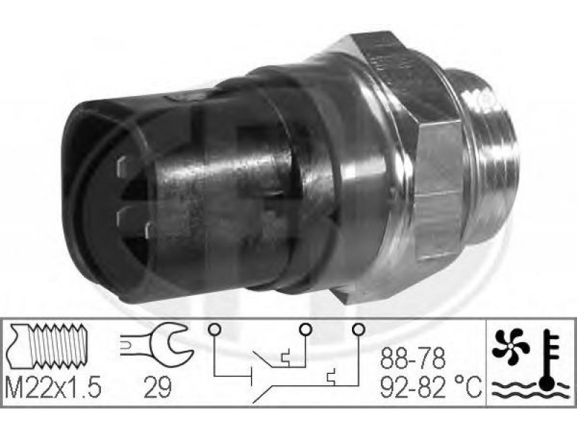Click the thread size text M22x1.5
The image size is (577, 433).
(x=53, y=387)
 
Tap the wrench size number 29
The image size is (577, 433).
(x=158, y=387)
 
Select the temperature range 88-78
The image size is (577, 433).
(x=413, y=358)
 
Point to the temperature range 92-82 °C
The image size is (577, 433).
(x=431, y=387)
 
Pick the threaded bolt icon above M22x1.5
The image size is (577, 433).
(x=47, y=346)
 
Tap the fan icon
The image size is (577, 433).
(x=511, y=346)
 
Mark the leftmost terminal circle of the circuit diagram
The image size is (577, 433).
(x=213, y=328)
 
